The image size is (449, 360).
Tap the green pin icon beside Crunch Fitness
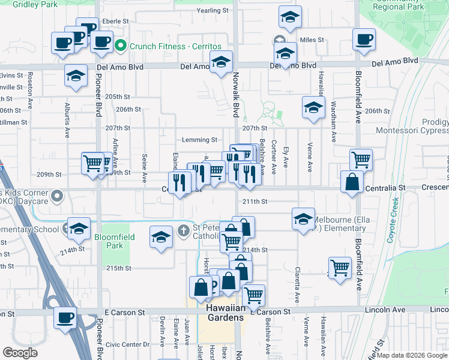(x=120, y=46)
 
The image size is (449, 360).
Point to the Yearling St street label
(x=213, y=11)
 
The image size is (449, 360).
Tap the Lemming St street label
(x=200, y=140)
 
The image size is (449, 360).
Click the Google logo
(x=20, y=353)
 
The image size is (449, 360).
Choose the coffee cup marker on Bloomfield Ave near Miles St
(x=364, y=40)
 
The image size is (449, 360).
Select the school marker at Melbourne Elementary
(x=304, y=219)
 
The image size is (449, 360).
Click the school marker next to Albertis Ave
(x=76, y=76)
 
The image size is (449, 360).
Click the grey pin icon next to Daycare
(x=57, y=196)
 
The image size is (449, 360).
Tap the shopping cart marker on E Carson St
(x=254, y=295)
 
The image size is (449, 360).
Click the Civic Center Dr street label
(x=127, y=345)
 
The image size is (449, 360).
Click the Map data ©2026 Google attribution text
(x=412, y=355)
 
